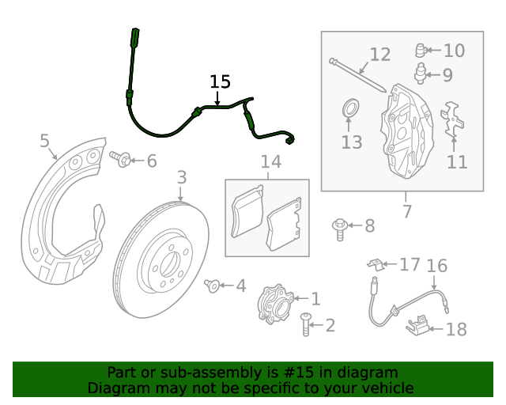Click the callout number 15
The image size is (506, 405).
(x=220, y=81)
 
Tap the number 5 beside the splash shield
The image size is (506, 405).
(x=45, y=142)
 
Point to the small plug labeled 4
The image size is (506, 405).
(x=211, y=284)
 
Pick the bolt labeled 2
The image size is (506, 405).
(x=306, y=324)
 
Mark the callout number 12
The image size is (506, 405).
(x=380, y=55)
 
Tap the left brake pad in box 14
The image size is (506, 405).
(x=246, y=213)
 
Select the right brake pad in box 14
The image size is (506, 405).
(x=284, y=223)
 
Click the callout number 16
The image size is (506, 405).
(x=437, y=266)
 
